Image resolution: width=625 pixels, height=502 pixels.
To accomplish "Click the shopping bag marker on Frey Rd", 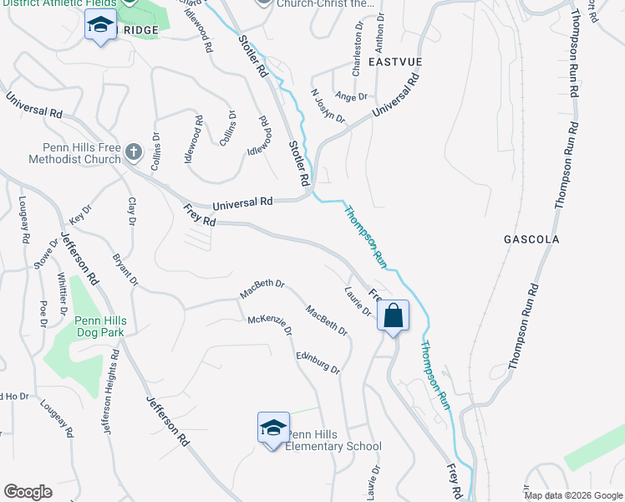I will click(x=393, y=316).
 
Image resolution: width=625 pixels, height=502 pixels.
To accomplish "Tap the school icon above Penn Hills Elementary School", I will click(x=272, y=428).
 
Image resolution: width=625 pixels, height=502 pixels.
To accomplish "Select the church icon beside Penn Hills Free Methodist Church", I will click(x=134, y=153).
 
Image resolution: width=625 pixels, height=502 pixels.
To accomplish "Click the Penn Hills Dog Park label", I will click(x=99, y=326).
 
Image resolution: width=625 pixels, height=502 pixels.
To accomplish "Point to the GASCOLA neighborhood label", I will click(x=531, y=239).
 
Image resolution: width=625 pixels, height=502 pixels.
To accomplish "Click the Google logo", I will click(x=28, y=492).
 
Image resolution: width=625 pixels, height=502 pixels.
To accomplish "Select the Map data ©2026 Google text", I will click(x=572, y=495).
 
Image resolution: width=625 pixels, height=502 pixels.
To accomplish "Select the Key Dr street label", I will click(x=80, y=213).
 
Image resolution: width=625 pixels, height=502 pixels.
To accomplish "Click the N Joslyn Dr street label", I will click(x=328, y=106).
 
